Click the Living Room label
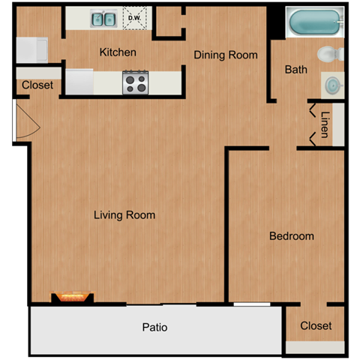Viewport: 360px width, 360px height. click(x=124, y=215)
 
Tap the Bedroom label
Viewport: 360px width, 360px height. click(x=291, y=236)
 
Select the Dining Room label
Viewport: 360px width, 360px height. click(x=226, y=55)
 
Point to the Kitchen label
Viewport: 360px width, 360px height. click(x=118, y=52)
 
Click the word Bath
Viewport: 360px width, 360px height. click(x=295, y=70)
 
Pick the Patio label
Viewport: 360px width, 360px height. click(x=154, y=328)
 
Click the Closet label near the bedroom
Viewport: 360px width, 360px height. click(x=316, y=326)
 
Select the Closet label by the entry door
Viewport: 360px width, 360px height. click(x=37, y=85)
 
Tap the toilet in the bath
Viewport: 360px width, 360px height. click(x=330, y=55)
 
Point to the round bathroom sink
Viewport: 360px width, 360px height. click(x=331, y=85)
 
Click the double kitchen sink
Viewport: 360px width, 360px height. click(x=103, y=19)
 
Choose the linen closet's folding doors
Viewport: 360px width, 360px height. click(x=310, y=124)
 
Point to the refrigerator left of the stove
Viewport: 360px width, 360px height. click(x=79, y=80)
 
